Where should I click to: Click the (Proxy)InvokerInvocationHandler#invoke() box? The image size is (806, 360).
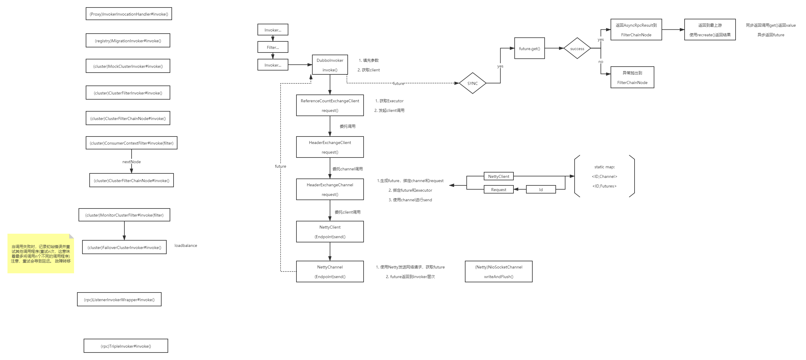pyautogui.click(x=129, y=14)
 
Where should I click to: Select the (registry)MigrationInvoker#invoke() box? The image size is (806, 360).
pyautogui.click(x=128, y=41)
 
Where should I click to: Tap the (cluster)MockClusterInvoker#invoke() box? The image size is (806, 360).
pyautogui.click(x=128, y=66)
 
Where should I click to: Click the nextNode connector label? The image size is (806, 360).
pyautogui.click(x=131, y=161)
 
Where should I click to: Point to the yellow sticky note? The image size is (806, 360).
pyautogui.click(x=41, y=253)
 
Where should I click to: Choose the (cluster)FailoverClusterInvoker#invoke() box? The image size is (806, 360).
pyautogui.click(x=124, y=247)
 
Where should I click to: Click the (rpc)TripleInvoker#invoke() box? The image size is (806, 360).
pyautogui.click(x=126, y=346)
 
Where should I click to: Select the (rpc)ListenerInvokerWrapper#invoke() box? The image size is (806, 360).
pyautogui.click(x=119, y=300)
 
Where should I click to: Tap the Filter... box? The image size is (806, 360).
pyautogui.click(x=273, y=47)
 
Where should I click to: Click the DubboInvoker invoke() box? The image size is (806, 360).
pyautogui.click(x=330, y=65)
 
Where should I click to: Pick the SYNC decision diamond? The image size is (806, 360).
pyautogui.click(x=472, y=83)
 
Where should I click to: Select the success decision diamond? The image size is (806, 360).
pyautogui.click(x=577, y=49)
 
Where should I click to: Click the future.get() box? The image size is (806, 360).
pyautogui.click(x=529, y=49)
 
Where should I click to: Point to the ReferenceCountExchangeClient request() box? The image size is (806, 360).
pyautogui.click(x=330, y=106)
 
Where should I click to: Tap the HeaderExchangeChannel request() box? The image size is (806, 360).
pyautogui.click(x=330, y=189)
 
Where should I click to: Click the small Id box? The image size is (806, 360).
pyautogui.click(x=541, y=189)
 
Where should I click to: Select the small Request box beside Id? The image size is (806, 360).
pyautogui.click(x=498, y=189)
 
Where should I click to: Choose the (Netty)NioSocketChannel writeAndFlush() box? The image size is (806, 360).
pyautogui.click(x=498, y=272)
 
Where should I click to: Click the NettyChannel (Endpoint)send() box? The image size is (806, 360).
pyautogui.click(x=330, y=272)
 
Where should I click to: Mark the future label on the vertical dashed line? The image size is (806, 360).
pyautogui.click(x=280, y=166)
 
